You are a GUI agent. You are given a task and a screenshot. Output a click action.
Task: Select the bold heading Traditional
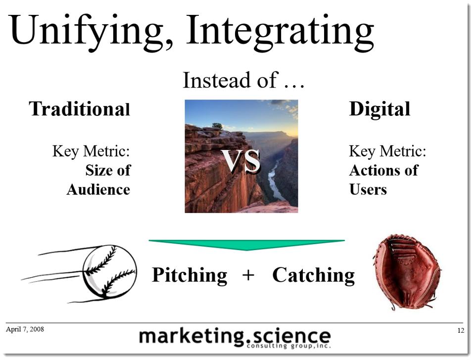click(x=80, y=109)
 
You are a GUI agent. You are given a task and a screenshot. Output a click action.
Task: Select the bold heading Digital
click(x=379, y=109)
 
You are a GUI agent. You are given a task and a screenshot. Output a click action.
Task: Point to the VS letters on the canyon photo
click(x=240, y=160)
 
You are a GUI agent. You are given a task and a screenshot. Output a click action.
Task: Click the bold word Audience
click(x=98, y=189)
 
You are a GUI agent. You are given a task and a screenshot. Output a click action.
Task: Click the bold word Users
click(x=368, y=189)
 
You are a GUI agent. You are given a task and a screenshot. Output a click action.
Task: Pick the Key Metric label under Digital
click(x=387, y=151)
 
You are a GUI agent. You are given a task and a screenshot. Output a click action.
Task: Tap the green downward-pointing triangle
click(x=246, y=245)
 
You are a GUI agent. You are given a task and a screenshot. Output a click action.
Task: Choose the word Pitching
click(x=190, y=275)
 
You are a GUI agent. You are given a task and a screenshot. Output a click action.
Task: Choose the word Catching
click(x=313, y=275)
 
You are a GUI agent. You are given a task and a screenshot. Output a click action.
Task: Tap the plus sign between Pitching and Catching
click(x=249, y=275)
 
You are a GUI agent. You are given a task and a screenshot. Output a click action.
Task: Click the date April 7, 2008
click(x=25, y=329)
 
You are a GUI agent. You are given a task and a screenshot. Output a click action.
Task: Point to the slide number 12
click(x=460, y=331)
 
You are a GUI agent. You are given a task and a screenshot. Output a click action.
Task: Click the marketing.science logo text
click(x=235, y=337)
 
